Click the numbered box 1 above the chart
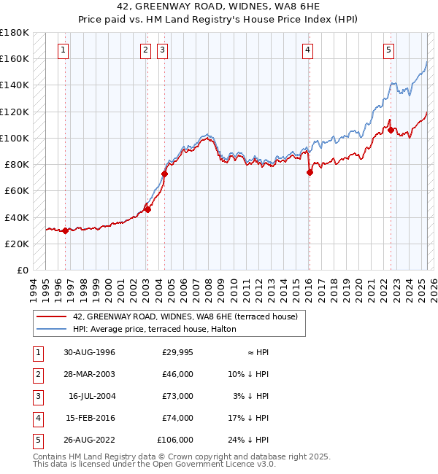(64, 50)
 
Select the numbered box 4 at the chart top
(308, 50)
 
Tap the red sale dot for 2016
(310, 172)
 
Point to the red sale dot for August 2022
(391, 131)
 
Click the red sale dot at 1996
(65, 230)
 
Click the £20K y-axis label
(17, 244)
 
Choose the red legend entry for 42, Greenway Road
(185, 317)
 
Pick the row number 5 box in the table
(36, 440)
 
